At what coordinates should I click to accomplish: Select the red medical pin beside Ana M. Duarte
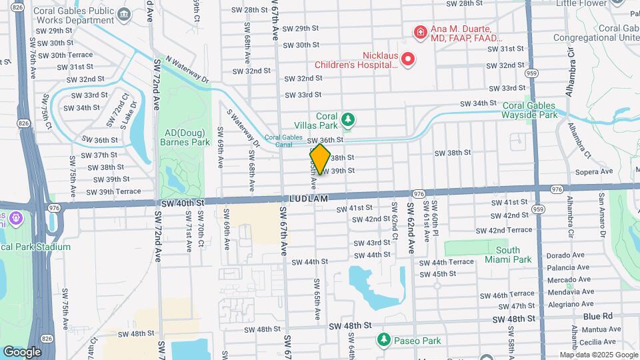(420, 31)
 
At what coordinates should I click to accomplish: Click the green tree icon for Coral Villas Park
(347, 120)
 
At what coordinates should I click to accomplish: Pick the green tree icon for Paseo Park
(383, 340)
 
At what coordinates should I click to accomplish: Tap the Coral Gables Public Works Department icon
(124, 14)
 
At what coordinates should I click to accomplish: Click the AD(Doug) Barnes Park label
(185, 137)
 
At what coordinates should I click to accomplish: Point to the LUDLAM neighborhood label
(309, 199)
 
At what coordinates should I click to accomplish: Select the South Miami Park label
(508, 255)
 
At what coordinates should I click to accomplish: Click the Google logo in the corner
(22, 351)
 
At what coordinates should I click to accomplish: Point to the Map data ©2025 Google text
(599, 355)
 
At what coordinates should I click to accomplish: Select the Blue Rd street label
(597, 316)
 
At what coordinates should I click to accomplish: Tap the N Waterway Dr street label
(187, 68)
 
